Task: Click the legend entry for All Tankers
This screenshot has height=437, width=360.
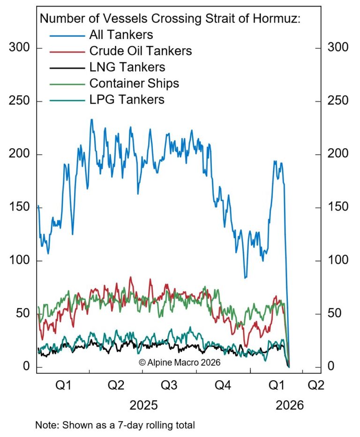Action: point(120,35)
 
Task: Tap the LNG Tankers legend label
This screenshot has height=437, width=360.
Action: point(127,67)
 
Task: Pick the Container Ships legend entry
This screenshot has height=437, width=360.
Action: point(134,83)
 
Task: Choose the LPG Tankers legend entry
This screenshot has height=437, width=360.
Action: point(127,100)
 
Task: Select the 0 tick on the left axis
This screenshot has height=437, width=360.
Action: point(26,366)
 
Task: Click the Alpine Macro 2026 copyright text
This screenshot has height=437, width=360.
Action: point(180,362)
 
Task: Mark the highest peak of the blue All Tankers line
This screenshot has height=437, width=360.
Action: point(91,120)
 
